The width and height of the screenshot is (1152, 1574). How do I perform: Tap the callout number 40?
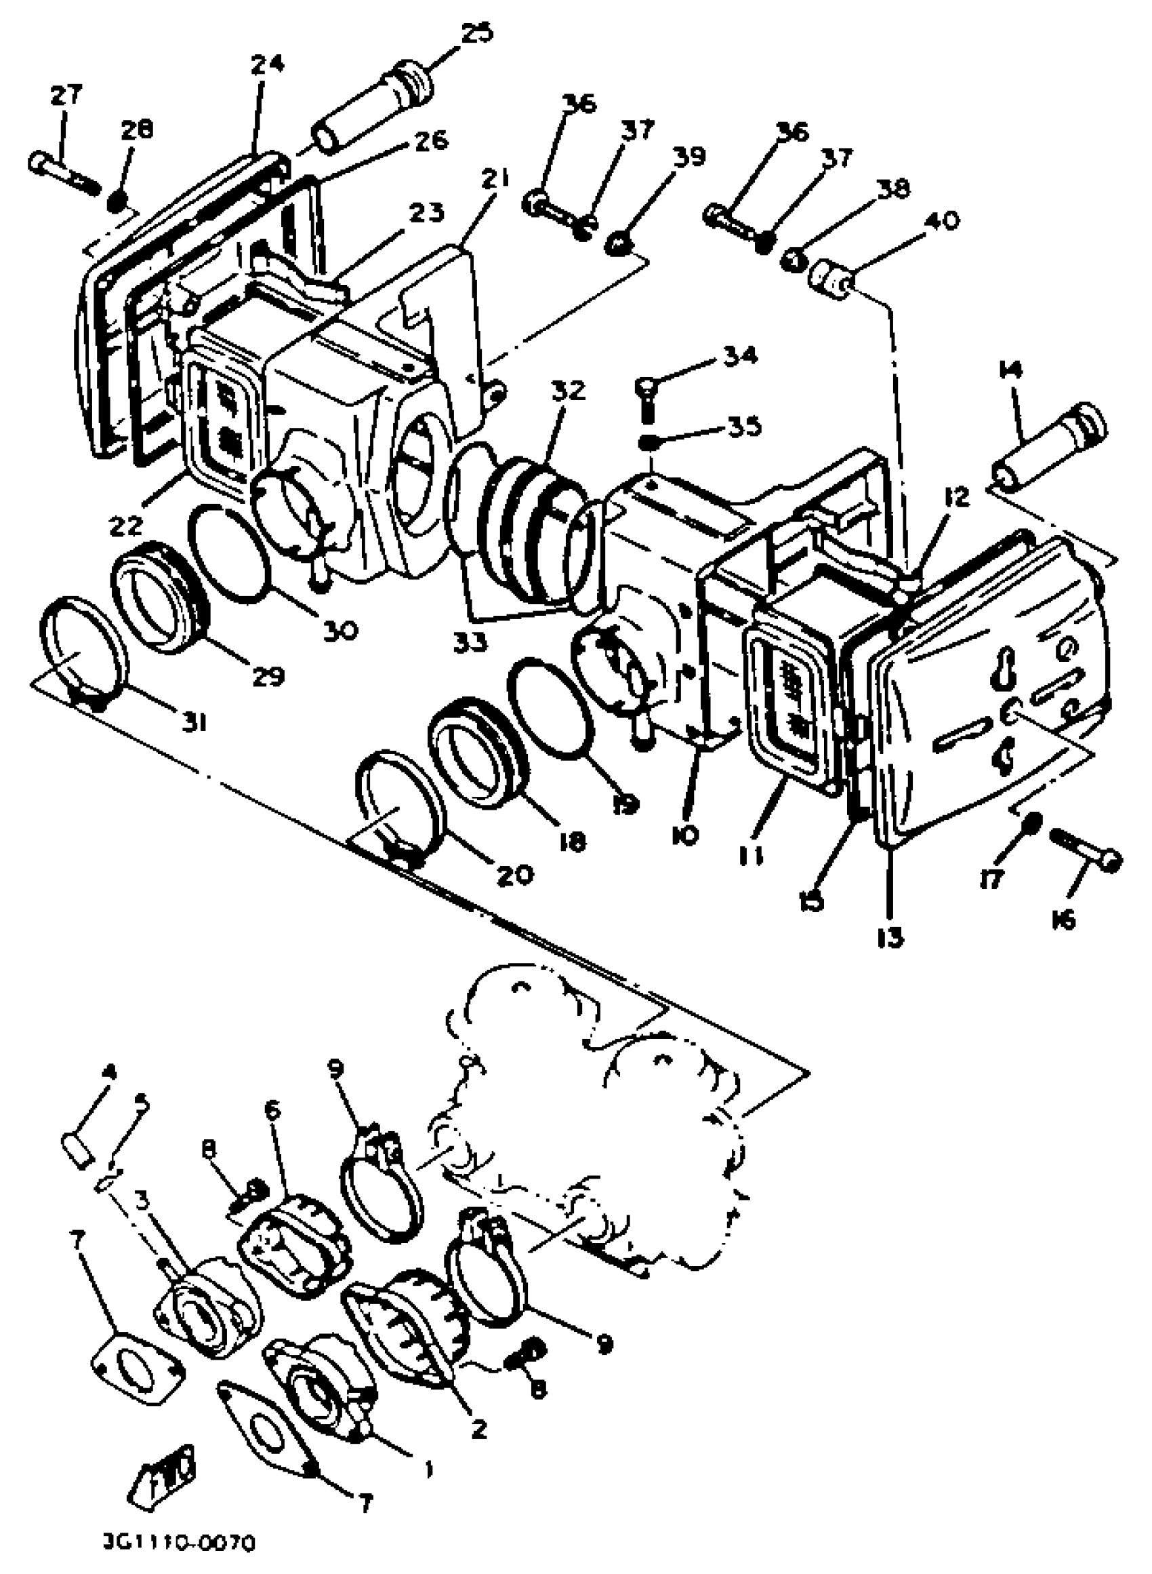(941, 222)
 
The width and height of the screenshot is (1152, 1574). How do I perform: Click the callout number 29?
(268, 675)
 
